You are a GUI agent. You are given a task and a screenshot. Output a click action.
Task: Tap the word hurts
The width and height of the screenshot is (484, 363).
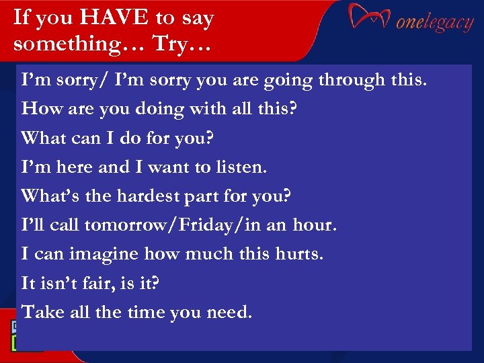(299, 254)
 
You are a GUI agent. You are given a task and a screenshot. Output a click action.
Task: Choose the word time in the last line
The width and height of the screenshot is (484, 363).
(134, 312)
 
